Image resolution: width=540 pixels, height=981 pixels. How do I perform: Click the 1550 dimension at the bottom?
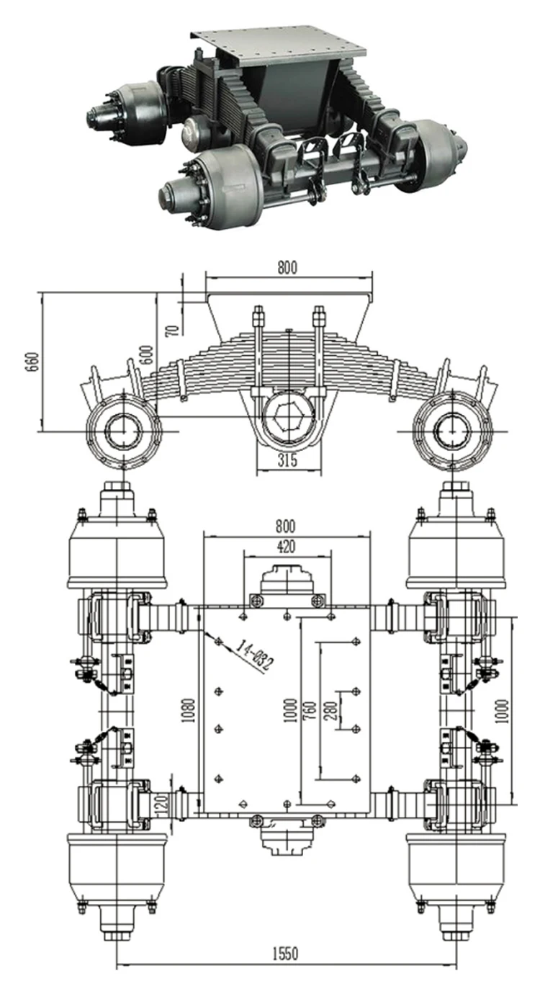pyautogui.click(x=285, y=954)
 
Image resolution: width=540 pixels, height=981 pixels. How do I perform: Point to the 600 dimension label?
pyautogui.click(x=146, y=353)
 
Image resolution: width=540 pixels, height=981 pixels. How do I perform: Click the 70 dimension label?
pyautogui.click(x=171, y=331)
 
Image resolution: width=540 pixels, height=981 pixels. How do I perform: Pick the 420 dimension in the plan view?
pyautogui.click(x=286, y=547)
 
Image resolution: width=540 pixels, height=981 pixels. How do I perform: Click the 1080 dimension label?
pyautogui.click(x=189, y=709)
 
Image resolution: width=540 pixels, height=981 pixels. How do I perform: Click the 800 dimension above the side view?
pyautogui.click(x=287, y=266)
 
